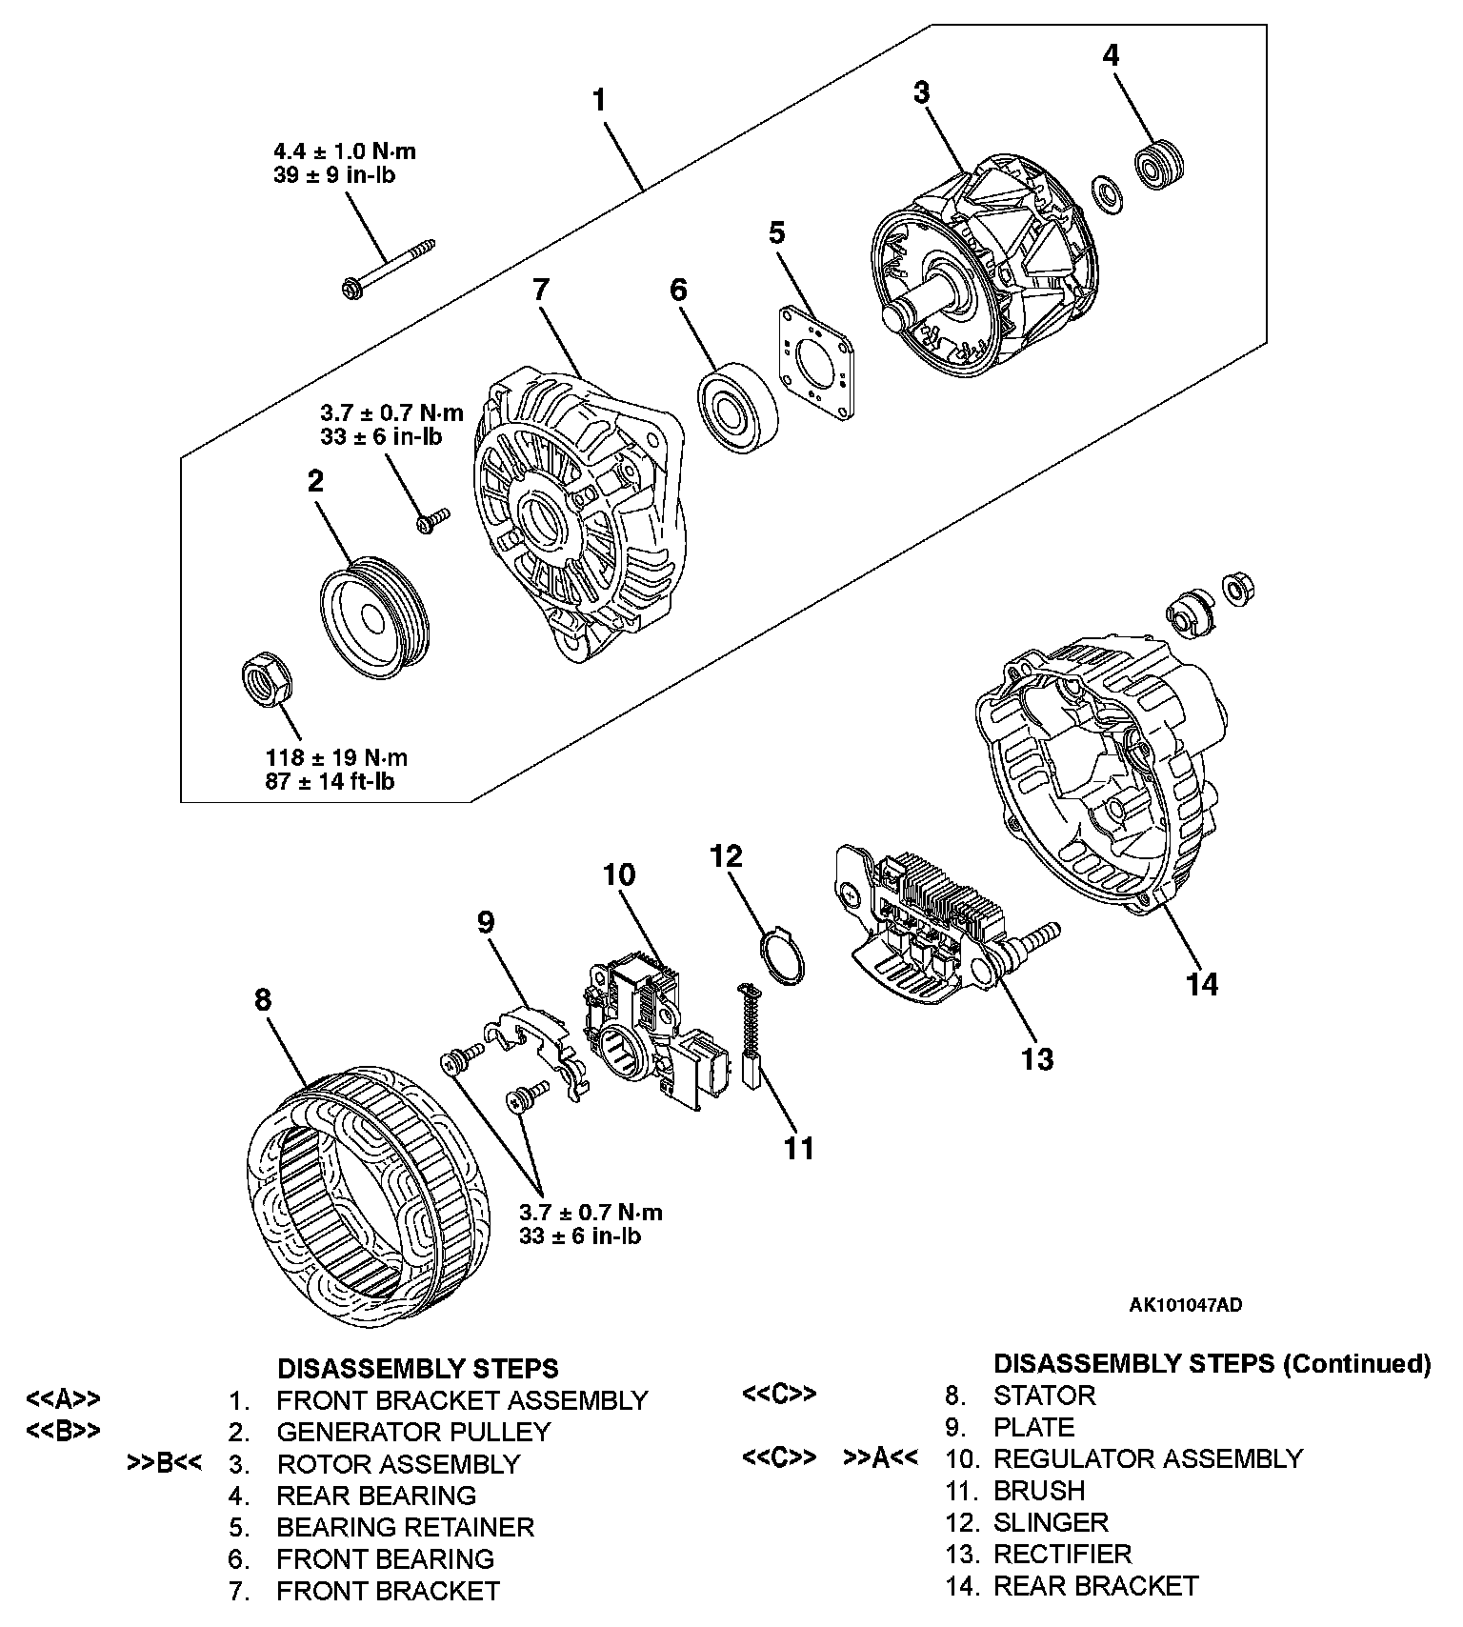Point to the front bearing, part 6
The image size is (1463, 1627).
(736, 407)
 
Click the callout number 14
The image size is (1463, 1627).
(1202, 984)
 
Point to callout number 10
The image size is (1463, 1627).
(619, 874)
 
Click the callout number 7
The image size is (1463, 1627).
(541, 290)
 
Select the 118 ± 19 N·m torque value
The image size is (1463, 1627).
(336, 758)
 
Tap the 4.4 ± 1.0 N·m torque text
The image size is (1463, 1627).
(345, 151)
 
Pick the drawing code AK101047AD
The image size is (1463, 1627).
(1185, 1305)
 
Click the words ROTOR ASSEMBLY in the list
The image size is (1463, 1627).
(398, 1463)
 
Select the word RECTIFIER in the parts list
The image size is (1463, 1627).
(1062, 1554)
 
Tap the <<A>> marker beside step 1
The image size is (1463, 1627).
(63, 1399)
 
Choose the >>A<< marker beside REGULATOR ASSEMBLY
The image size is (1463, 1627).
(881, 1458)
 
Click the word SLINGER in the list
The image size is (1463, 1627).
(1051, 1522)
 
